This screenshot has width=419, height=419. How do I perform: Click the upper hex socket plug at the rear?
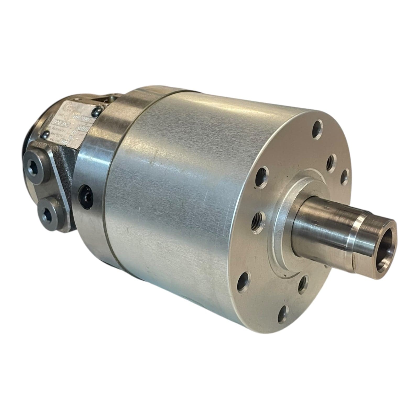[x=34, y=163]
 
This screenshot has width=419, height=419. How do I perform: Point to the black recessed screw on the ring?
[x=86, y=194]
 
